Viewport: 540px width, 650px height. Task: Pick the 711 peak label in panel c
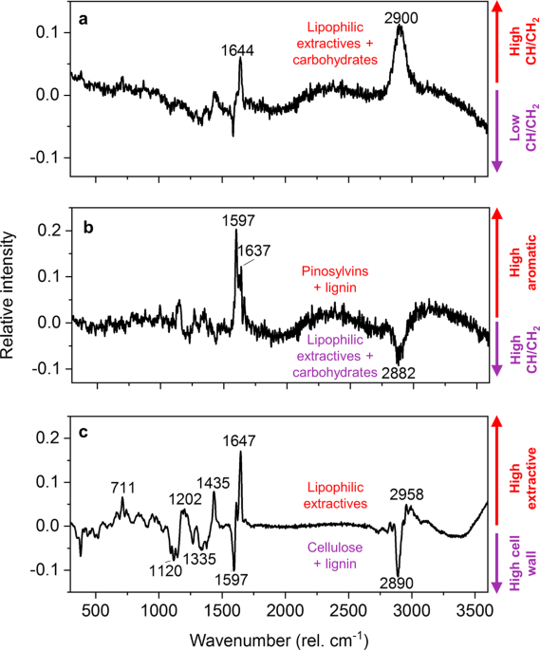click(x=122, y=488)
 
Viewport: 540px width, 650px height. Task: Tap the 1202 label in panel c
click(x=185, y=499)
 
